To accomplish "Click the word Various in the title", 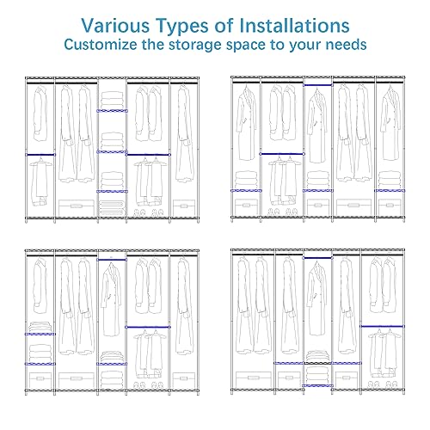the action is tap(114, 26).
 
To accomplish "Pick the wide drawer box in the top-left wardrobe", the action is tap(77, 208).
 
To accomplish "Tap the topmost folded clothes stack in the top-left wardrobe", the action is tap(112, 100).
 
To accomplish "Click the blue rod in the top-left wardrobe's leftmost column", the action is tap(40, 155).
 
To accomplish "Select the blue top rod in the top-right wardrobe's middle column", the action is tap(318, 85).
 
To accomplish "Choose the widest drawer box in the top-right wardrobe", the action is tap(353, 207).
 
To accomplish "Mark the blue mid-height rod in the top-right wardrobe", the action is tap(282, 154).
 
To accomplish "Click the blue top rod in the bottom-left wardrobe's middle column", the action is tap(112, 260).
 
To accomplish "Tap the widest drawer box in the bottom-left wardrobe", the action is tap(77, 380).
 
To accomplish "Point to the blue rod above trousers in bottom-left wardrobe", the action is tap(148, 327).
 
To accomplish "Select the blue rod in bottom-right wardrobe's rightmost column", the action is tap(383, 326).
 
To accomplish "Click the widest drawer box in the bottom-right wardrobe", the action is tap(254, 379).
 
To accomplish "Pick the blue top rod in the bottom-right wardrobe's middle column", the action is tap(317, 258).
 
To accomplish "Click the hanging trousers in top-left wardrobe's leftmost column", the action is tap(40, 181).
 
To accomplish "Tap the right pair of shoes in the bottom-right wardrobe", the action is tap(391, 384).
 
